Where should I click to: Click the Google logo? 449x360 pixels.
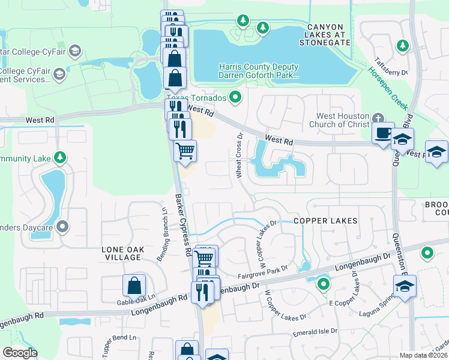click(x=20, y=353)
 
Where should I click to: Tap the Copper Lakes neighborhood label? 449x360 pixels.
click(x=325, y=221)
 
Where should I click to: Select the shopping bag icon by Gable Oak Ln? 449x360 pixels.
click(x=134, y=286)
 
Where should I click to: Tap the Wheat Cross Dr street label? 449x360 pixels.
click(x=239, y=155)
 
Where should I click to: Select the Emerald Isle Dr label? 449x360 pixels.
click(x=315, y=331)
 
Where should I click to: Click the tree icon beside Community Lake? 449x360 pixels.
click(x=59, y=158)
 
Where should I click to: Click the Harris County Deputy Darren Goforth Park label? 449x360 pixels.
click(x=259, y=72)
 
